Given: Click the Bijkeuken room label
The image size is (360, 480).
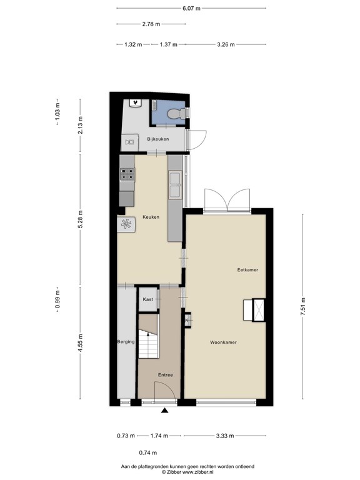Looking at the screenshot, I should [x=158, y=139].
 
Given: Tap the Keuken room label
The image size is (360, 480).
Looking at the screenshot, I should [x=151, y=217].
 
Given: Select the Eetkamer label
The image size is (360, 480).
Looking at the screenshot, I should [x=247, y=270].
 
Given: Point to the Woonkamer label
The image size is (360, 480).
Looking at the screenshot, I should [x=223, y=342].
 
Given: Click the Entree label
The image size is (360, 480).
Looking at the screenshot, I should [x=165, y=375].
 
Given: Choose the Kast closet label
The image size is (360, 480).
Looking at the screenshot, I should [x=148, y=299].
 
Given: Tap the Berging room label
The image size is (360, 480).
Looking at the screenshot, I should [x=126, y=342].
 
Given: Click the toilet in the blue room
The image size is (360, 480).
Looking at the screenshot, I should [x=176, y=112].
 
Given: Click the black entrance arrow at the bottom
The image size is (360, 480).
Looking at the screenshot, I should [x=165, y=411].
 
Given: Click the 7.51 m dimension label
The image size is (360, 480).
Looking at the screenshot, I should [x=303, y=307].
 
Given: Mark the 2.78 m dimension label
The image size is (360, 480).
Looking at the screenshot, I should [x=151, y=24].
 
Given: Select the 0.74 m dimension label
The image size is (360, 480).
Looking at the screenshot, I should [x=147, y=452].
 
